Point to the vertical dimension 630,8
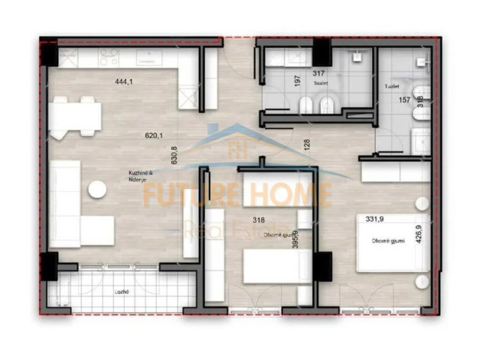(174, 155)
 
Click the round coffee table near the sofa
(97, 190)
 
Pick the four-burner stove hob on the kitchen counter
(108, 58)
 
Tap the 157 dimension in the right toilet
(404, 100)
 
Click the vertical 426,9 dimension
(418, 235)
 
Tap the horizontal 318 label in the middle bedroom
(259, 220)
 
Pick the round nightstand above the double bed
(421, 204)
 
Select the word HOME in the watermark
(297, 195)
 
